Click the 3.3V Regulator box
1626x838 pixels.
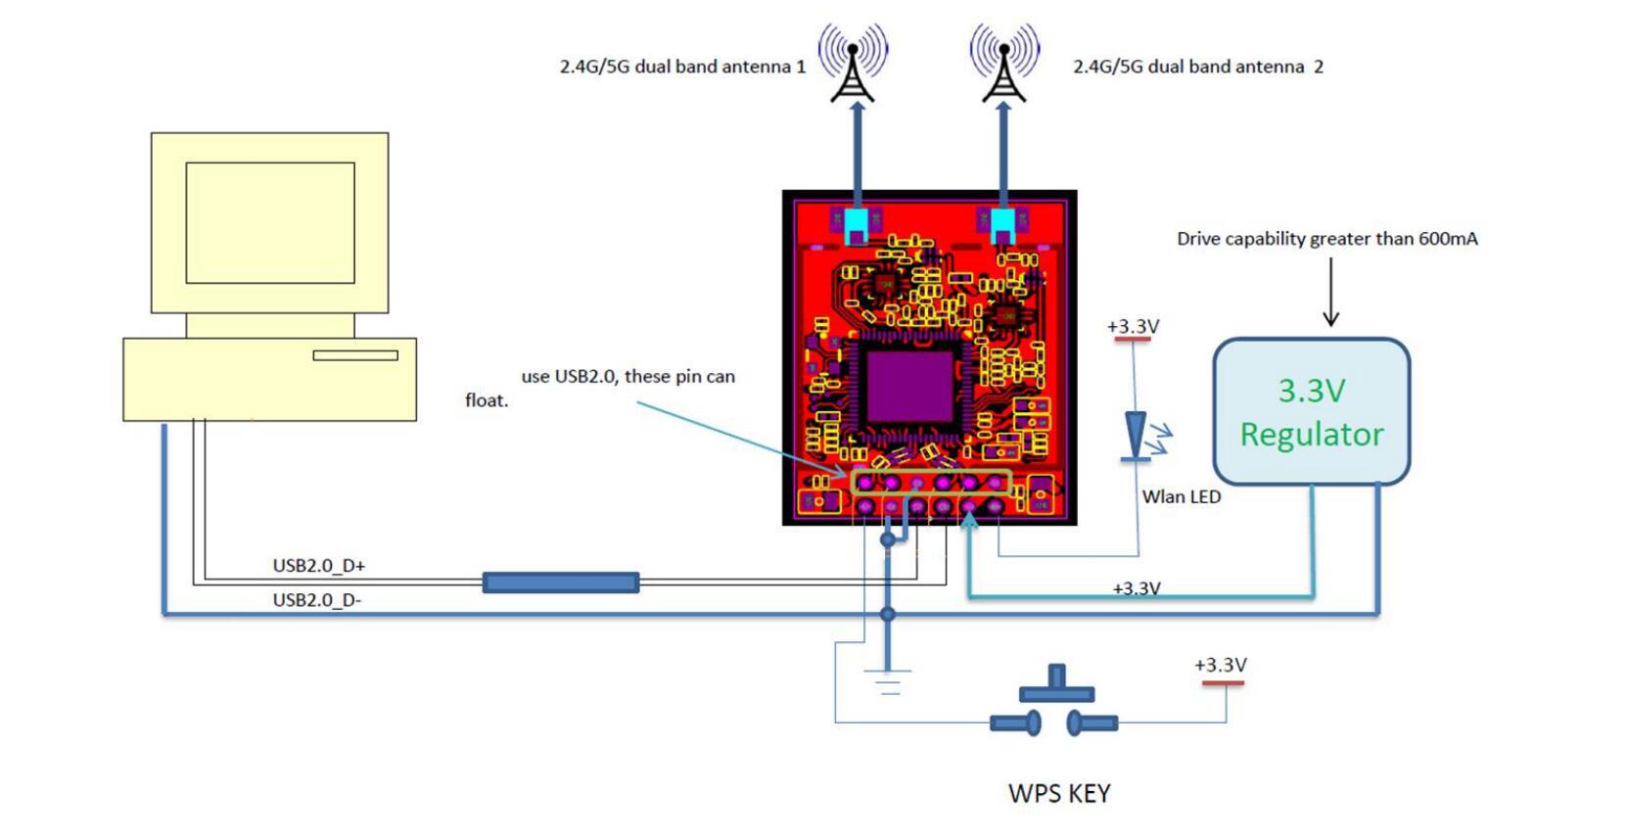click(1311, 411)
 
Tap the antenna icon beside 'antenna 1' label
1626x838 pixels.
click(853, 65)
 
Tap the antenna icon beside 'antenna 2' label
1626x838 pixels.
click(1004, 65)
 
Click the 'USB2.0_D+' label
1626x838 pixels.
click(318, 566)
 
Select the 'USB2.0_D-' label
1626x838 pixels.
click(316, 600)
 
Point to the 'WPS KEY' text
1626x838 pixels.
click(1059, 793)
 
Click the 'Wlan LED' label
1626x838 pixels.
click(1181, 496)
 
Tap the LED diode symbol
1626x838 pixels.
click(1136, 436)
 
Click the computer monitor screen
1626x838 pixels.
click(270, 223)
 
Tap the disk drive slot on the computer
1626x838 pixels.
click(355, 355)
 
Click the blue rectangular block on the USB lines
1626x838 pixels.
click(561, 583)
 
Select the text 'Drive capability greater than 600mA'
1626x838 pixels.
click(1326, 239)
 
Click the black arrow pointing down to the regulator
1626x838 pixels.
click(1330, 294)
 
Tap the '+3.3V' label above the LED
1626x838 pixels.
click(1133, 327)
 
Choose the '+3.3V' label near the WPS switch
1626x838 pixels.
click(1221, 666)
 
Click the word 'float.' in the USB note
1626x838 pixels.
click(487, 400)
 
